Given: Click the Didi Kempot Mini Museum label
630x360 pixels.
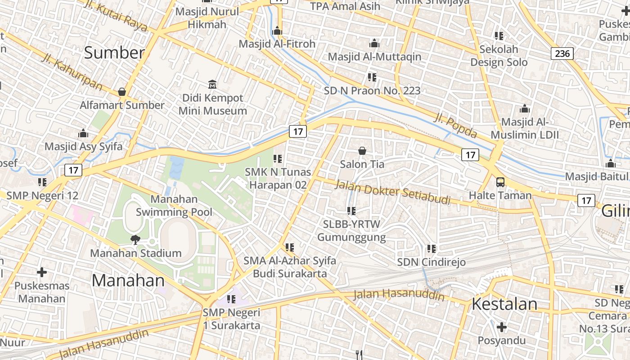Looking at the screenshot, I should [212, 104].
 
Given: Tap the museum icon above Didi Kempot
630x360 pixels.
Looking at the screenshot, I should [212, 84].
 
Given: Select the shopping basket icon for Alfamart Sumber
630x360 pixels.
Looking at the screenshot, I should [121, 92].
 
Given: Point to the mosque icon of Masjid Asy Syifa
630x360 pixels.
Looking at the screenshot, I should [83, 134].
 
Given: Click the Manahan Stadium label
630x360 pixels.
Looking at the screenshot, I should [136, 253].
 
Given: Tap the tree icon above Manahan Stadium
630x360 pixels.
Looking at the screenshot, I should [135, 239].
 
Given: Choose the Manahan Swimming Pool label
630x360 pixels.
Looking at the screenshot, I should [174, 205].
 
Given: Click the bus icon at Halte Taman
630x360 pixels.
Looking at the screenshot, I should [500, 182].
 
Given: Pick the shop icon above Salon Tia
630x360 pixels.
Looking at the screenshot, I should [362, 151].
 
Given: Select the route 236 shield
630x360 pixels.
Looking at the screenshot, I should [562, 54].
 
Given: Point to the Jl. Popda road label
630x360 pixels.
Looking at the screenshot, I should [455, 126].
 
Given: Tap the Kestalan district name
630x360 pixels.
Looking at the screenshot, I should [504, 304].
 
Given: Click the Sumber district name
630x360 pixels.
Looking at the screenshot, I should [114, 53].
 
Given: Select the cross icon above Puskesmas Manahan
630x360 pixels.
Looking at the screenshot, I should [42, 272].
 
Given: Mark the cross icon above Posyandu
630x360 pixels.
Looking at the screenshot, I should [502, 327].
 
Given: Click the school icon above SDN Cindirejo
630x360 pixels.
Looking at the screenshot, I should [432, 248].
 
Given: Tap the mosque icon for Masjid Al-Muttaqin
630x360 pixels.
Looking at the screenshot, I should [374, 44].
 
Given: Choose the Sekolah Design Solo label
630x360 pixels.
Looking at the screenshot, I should [499, 55].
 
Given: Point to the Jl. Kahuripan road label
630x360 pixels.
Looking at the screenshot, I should [72, 72].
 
